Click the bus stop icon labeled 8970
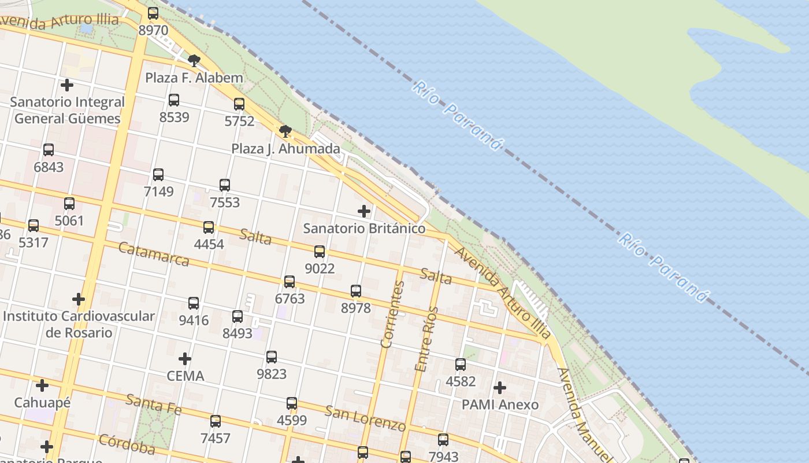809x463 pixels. (153, 13)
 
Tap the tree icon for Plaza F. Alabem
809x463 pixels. (194, 60)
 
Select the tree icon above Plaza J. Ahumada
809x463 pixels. (285, 131)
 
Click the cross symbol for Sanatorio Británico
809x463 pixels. (363, 211)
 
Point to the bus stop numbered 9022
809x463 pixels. (320, 252)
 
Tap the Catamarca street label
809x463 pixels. (154, 254)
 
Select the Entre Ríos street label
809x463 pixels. (427, 339)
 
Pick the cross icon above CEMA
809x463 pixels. (185, 359)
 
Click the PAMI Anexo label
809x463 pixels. (500, 405)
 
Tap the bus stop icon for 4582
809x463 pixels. (461, 365)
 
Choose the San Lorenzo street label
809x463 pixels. (365, 418)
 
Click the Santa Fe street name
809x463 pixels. (154, 404)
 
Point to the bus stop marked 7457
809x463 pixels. (216, 421)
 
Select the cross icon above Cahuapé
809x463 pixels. (42, 385)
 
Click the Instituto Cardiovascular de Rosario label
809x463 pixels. (79, 325)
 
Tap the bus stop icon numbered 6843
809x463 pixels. (49, 150)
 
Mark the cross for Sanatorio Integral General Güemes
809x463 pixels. (67, 85)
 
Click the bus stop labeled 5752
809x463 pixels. (239, 104)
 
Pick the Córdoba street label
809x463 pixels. (127, 444)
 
